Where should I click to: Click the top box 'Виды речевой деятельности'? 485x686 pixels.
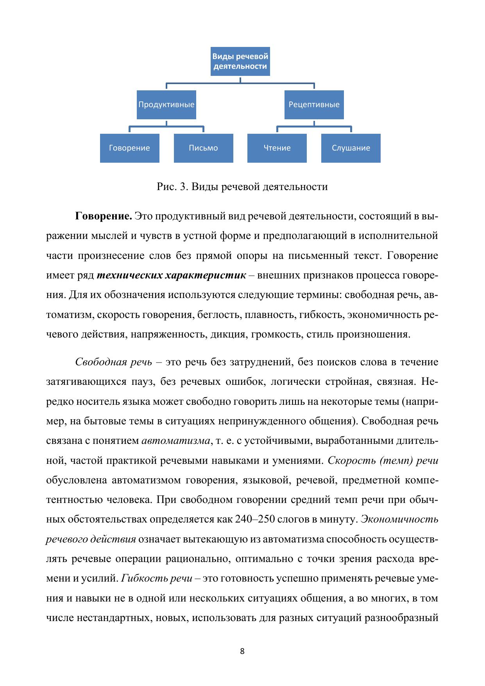240,61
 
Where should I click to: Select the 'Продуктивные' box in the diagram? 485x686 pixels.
166,105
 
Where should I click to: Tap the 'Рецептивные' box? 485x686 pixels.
314,105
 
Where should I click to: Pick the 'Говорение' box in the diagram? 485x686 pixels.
129,148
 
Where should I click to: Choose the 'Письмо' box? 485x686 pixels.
203,148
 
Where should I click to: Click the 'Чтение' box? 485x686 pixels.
277,148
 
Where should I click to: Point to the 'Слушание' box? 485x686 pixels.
351,148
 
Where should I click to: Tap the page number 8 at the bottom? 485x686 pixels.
242,651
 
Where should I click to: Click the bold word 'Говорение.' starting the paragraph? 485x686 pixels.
103,216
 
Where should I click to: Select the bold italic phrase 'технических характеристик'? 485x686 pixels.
171,275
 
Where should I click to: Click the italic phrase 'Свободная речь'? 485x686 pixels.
113,362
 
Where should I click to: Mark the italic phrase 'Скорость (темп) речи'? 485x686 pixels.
383,461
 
